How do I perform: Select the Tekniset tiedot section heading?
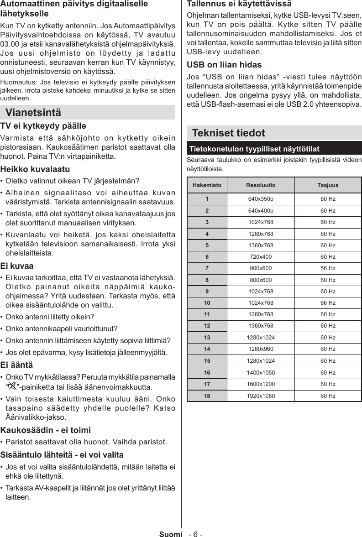(x=228, y=133)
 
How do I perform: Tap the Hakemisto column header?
(x=207, y=186)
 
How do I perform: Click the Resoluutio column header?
(x=261, y=186)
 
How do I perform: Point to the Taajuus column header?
(x=328, y=186)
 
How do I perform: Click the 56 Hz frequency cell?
(x=328, y=268)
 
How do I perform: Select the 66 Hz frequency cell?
(x=328, y=303)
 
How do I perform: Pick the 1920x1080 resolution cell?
(x=261, y=396)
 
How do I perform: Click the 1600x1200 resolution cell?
(x=261, y=384)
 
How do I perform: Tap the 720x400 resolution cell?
(x=261, y=257)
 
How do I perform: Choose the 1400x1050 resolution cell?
(x=261, y=372)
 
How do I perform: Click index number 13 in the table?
(x=207, y=338)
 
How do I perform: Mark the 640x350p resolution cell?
(x=261, y=199)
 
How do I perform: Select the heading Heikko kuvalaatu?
(x=35, y=169)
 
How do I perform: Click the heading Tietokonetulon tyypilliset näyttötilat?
(x=254, y=149)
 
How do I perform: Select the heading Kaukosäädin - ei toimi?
(x=46, y=430)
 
